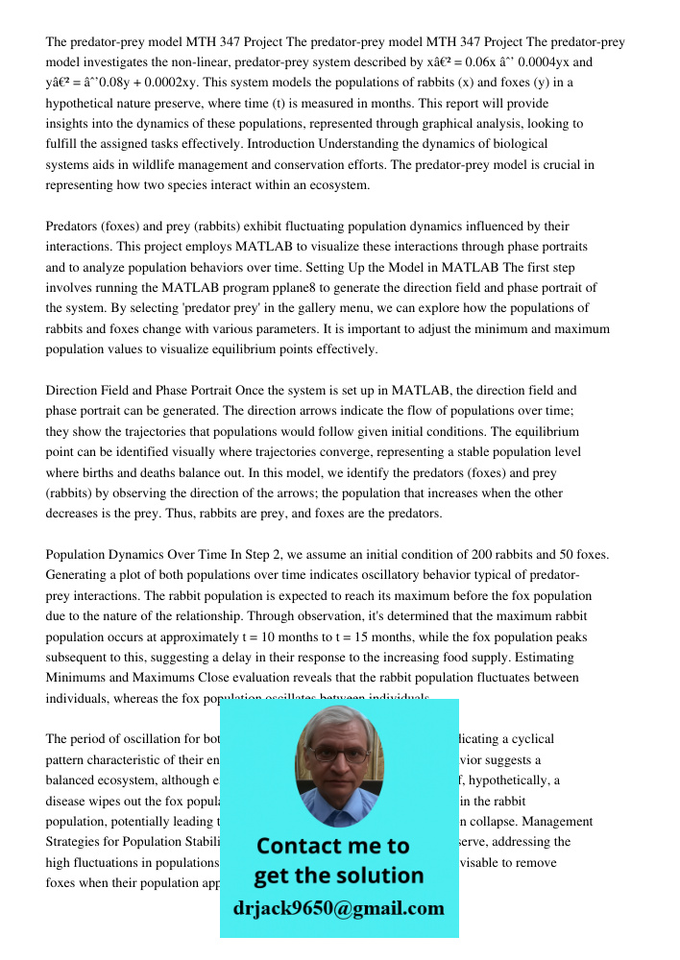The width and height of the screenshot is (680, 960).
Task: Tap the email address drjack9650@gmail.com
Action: point(338,907)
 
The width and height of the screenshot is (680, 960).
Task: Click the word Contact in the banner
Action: point(299,846)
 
